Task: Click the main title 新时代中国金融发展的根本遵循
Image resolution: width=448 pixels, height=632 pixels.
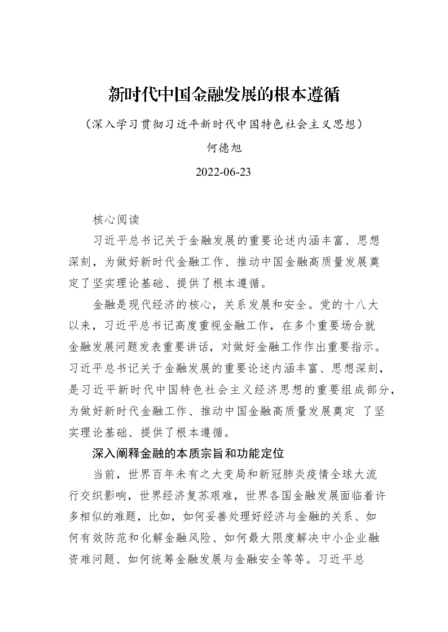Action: (x=224, y=94)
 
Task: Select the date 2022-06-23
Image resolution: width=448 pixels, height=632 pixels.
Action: (x=223, y=172)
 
